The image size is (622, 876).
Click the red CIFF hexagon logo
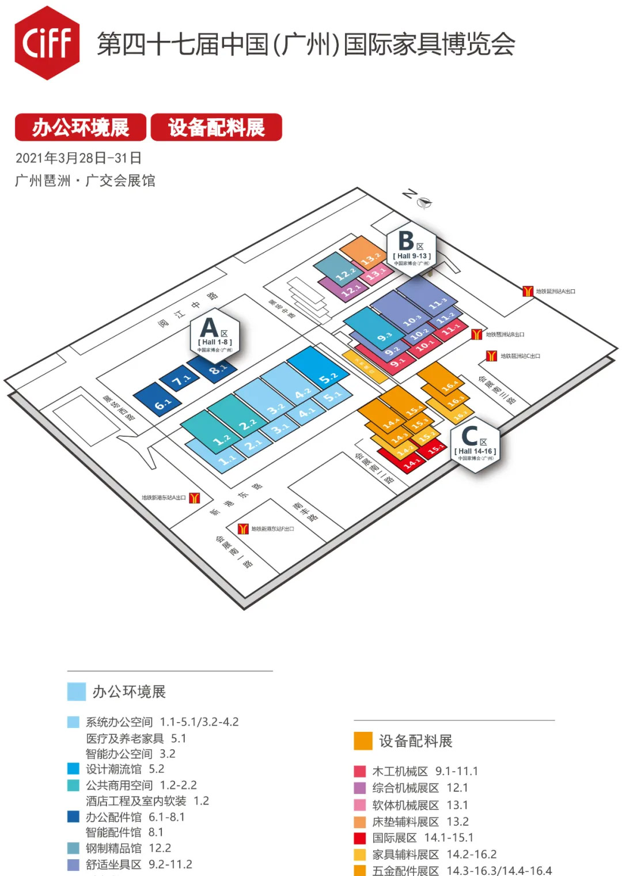47,43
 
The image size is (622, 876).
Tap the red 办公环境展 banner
81,127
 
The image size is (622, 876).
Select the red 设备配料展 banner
217,127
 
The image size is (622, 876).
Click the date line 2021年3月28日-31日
78,158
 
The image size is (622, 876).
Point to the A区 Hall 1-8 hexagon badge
215,335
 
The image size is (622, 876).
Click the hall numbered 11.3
429,295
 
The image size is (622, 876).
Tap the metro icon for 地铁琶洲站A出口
528,291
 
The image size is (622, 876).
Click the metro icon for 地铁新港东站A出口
195,497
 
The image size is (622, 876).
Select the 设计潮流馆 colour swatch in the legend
73,769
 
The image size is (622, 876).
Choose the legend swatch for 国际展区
360,838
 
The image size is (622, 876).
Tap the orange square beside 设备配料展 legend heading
363,741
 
